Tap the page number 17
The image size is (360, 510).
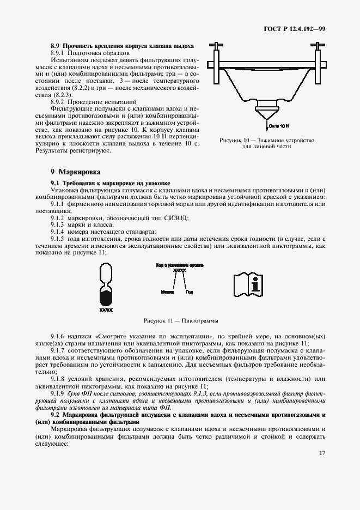322,467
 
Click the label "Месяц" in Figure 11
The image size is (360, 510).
168,292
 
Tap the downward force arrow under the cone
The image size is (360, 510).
267,127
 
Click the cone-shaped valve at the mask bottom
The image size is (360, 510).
267,114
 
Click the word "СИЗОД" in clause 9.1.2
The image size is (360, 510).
173,217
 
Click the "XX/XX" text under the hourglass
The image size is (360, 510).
106,310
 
